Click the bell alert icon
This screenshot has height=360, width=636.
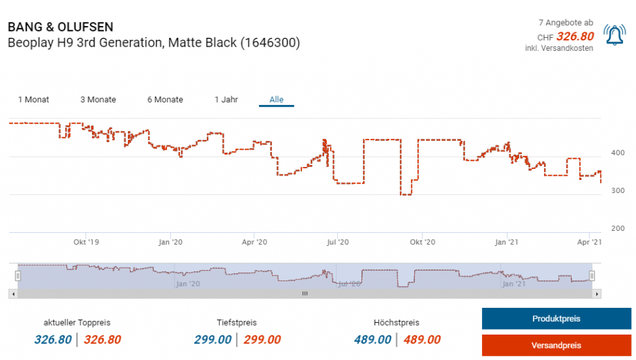pyautogui.click(x=615, y=36)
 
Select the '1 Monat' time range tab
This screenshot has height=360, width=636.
pyautogui.click(x=34, y=99)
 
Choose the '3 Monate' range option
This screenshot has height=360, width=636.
pyautogui.click(x=98, y=99)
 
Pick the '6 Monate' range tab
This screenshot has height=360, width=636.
pyautogui.click(x=165, y=99)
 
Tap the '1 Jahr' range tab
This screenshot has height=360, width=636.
pyautogui.click(x=226, y=99)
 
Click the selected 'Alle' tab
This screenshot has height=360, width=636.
pyautogui.click(x=276, y=99)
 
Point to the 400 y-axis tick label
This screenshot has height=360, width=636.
pyautogui.click(x=618, y=152)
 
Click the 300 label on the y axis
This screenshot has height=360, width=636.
pyautogui.click(x=618, y=191)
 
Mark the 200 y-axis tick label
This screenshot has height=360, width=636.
pyautogui.click(x=618, y=228)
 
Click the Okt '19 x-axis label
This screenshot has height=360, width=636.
pyautogui.click(x=86, y=242)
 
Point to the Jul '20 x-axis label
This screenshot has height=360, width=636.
pyautogui.click(x=336, y=242)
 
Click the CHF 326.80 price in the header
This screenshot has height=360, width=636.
pyautogui.click(x=575, y=37)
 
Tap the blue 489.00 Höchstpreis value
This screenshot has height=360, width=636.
pyautogui.click(x=373, y=340)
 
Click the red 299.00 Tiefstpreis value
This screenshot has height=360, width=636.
pyautogui.click(x=262, y=340)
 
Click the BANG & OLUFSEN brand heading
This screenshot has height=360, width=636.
pyautogui.click(x=60, y=27)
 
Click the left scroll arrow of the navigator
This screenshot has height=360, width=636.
pyautogui.click(x=13, y=294)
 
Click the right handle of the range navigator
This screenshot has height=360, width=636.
pyautogui.click(x=592, y=276)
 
